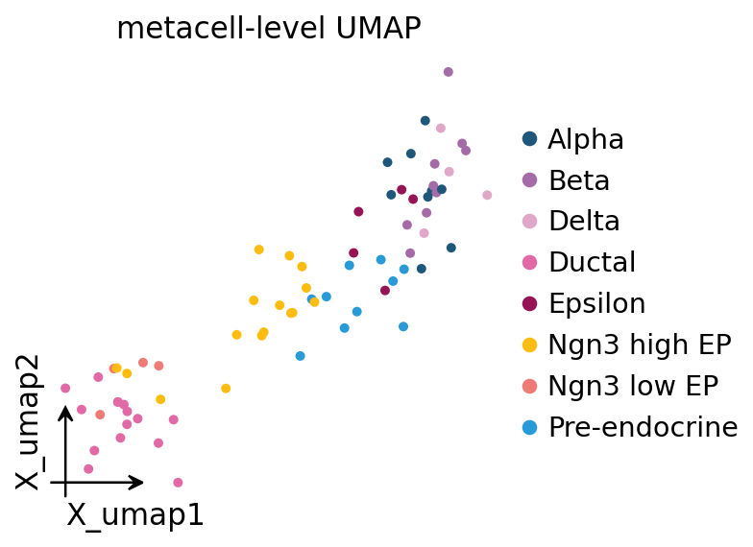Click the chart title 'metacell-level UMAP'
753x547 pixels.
[269, 29]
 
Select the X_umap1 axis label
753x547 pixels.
[135, 515]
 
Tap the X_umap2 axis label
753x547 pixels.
[28, 422]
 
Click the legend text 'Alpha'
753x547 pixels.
[586, 140]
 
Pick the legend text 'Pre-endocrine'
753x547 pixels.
[644, 427]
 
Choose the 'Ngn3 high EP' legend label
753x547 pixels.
[640, 345]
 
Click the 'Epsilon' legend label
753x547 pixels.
[597, 303]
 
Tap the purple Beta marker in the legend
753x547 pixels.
[530, 180]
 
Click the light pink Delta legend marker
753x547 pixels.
[530, 222]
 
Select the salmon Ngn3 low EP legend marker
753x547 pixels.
[530, 386]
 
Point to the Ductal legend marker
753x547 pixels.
[530, 263]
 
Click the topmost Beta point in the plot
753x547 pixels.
[448, 72]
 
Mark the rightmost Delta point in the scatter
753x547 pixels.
[487, 196]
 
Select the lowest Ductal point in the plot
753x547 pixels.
[178, 483]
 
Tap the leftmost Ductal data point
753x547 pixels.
[65, 388]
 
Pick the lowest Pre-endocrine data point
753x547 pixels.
[300, 356]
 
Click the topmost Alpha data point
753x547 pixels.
[425, 121]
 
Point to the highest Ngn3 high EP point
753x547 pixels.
[259, 250]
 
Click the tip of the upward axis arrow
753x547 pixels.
[65, 406]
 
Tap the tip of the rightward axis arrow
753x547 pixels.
[144, 482]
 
